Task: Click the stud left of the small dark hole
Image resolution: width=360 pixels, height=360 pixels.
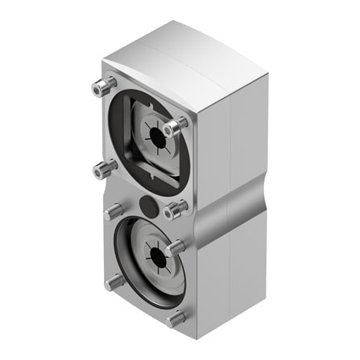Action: pyautogui.click(x=114, y=211)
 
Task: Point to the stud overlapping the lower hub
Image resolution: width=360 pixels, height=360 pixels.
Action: pyautogui.click(x=175, y=247)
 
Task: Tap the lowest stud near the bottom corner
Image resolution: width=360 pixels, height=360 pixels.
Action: pyautogui.click(x=175, y=318)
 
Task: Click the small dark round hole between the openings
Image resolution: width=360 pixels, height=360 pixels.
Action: pyautogui.click(x=148, y=205)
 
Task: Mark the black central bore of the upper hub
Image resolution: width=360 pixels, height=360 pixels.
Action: pyautogui.click(x=158, y=138)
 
